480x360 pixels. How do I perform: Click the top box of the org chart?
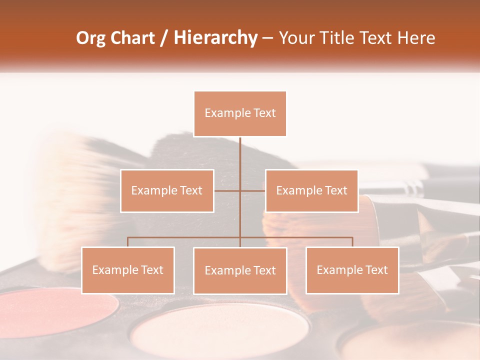click(x=240, y=113)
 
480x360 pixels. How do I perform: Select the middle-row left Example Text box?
click(x=167, y=190)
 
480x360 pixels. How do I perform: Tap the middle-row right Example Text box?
click(x=311, y=190)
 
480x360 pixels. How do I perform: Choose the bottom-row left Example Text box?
click(x=128, y=270)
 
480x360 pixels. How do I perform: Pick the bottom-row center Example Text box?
click(x=240, y=270)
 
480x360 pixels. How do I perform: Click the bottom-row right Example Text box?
click(x=352, y=270)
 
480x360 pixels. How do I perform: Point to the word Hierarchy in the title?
click(x=215, y=38)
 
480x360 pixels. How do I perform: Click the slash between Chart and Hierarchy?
click(x=164, y=38)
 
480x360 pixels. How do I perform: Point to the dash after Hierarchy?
click(x=267, y=38)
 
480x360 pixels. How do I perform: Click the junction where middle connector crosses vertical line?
click(x=240, y=190)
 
